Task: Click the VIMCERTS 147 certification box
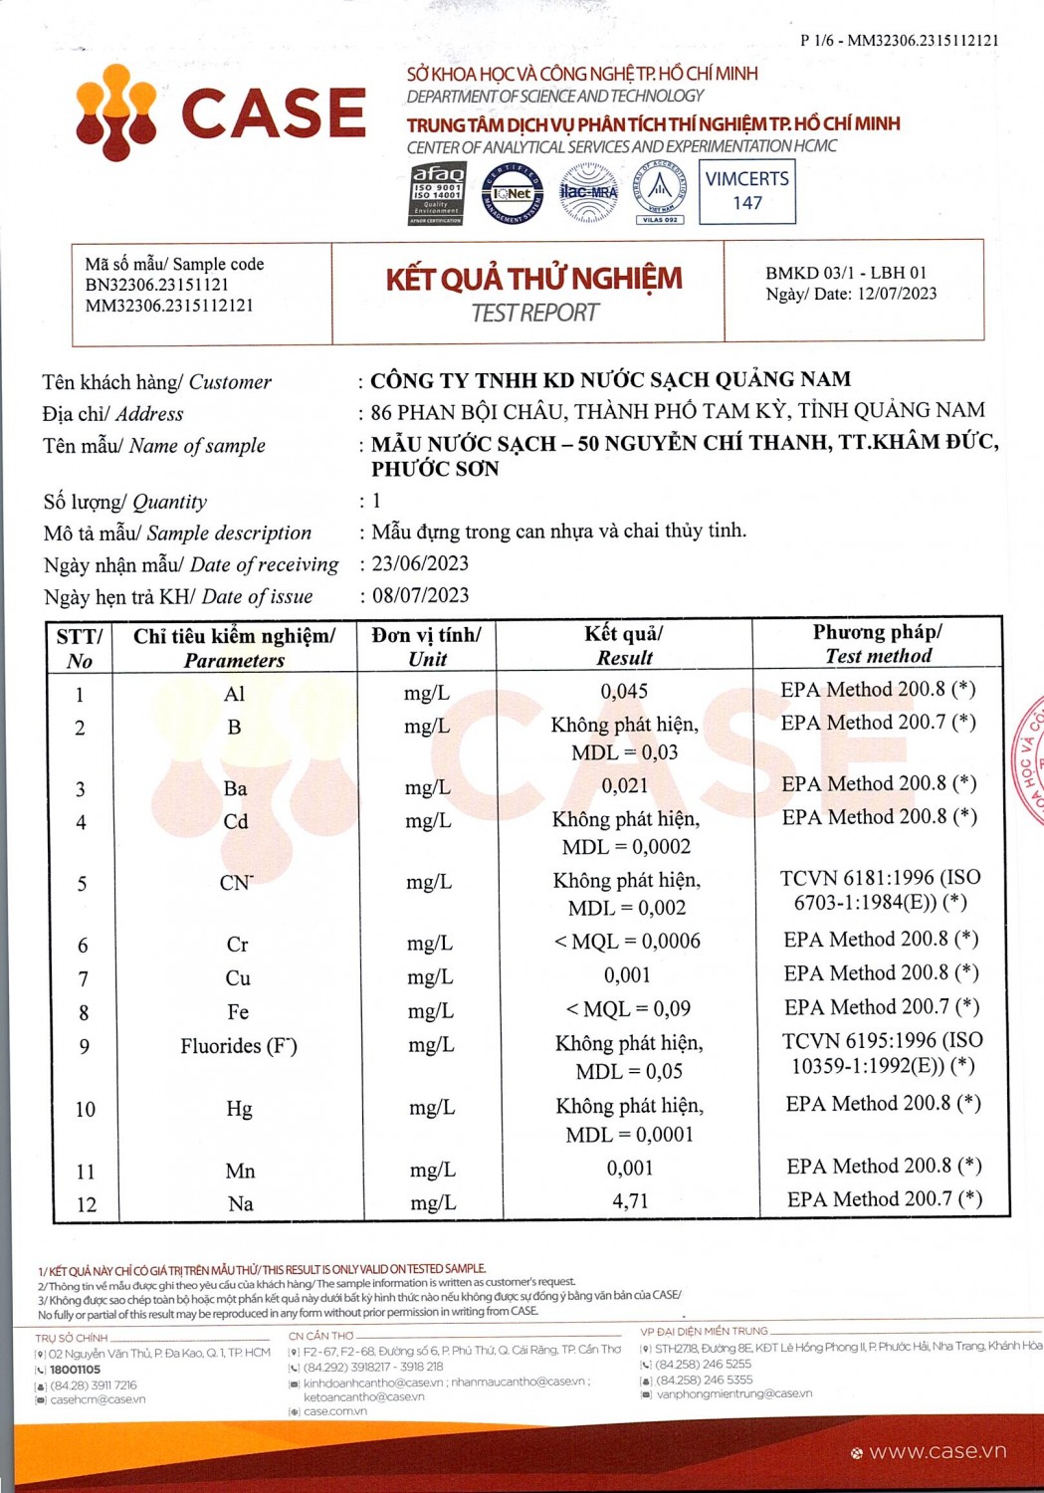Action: [746, 191]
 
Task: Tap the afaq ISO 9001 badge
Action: [437, 194]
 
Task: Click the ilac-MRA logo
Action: [588, 192]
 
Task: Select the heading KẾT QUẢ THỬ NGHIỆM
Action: [534, 279]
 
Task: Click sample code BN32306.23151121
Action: [156, 285]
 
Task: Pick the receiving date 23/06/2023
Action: [420, 563]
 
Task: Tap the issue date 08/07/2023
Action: [420, 595]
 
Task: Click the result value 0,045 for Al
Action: [624, 691]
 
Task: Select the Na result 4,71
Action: [630, 1201]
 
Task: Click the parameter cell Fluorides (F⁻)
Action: [239, 1046]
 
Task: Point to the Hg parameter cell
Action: [239, 1109]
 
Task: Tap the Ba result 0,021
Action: [624, 786]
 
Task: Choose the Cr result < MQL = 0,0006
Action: [627, 942]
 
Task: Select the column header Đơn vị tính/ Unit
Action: [427, 646]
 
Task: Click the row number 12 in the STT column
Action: [87, 1204]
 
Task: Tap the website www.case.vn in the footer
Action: [937, 1452]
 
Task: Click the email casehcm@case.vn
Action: [98, 1399]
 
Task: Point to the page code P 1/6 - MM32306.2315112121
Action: [899, 41]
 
